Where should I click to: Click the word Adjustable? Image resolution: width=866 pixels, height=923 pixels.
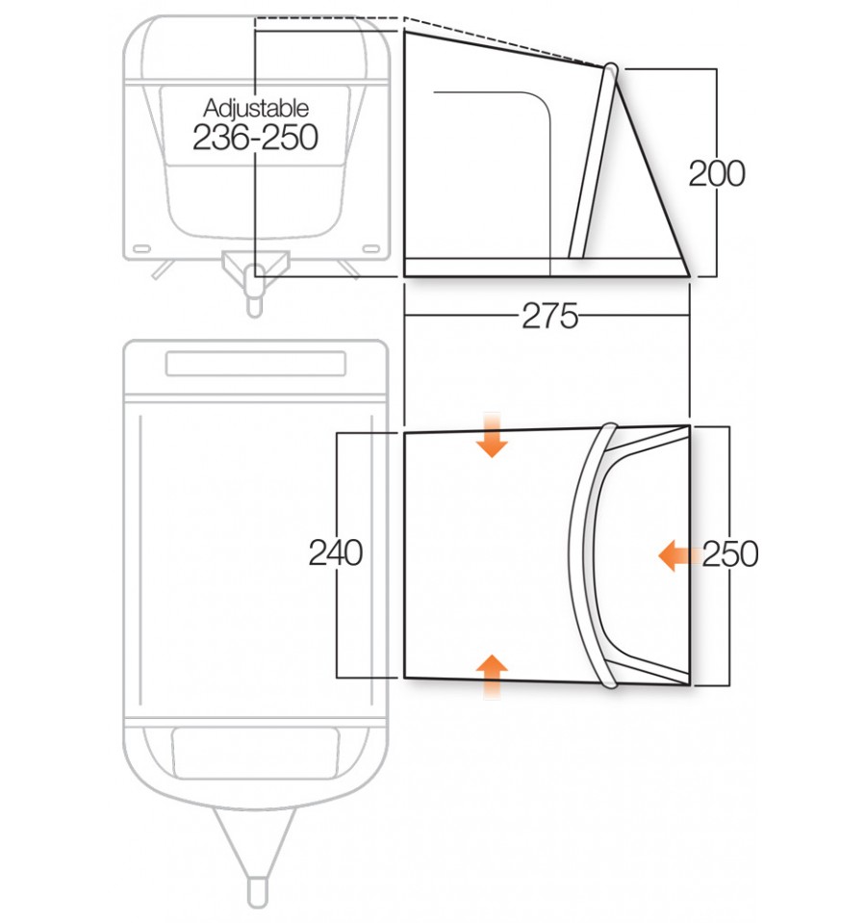[x=256, y=107]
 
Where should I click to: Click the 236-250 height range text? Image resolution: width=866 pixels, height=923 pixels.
[x=256, y=138]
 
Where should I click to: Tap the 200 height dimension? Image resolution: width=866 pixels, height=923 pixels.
[x=717, y=174]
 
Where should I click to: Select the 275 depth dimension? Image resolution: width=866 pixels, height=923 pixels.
[x=549, y=316]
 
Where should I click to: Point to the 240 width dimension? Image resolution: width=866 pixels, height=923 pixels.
[x=336, y=553]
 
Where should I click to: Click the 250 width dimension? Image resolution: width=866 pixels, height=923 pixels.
[x=730, y=554]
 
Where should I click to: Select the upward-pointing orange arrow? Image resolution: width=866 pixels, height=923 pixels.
[x=493, y=675]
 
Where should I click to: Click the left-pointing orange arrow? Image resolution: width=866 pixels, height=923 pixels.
[x=679, y=555]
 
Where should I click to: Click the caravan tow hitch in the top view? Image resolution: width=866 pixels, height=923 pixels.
[x=255, y=279]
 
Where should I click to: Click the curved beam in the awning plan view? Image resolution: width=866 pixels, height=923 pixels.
[x=585, y=555]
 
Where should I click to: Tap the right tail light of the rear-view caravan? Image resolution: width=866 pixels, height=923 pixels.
[x=369, y=247]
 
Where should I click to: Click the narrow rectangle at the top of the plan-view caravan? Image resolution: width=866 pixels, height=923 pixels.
[x=256, y=364]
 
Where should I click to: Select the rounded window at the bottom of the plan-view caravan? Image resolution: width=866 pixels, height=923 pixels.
[x=256, y=752]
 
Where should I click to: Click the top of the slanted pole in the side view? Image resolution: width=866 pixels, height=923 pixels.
[x=611, y=69]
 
